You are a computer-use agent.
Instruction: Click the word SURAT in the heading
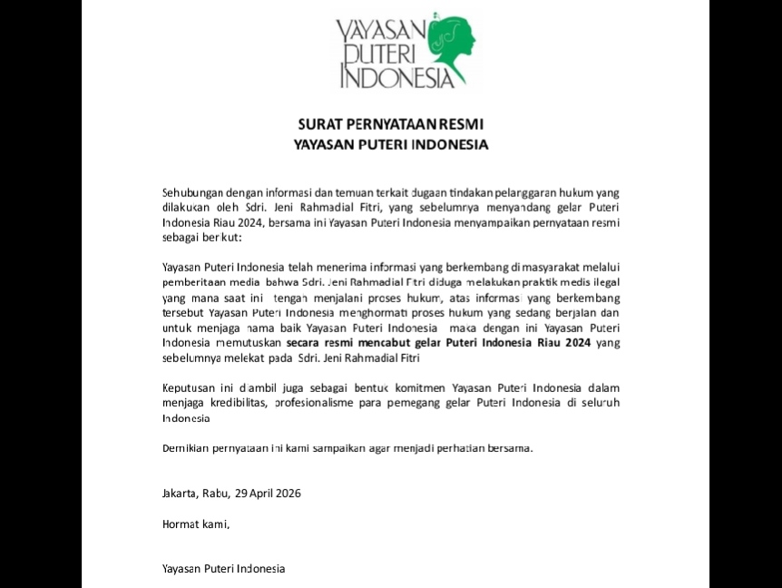coord(318,124)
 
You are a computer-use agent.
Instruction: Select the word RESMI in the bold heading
coord(465,124)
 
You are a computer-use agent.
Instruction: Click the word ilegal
coord(601,281)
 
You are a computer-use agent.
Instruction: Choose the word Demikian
coord(186,448)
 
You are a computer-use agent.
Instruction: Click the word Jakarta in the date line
coord(180,494)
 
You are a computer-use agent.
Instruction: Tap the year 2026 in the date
coord(286,494)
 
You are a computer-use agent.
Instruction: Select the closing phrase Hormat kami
coord(195,524)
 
